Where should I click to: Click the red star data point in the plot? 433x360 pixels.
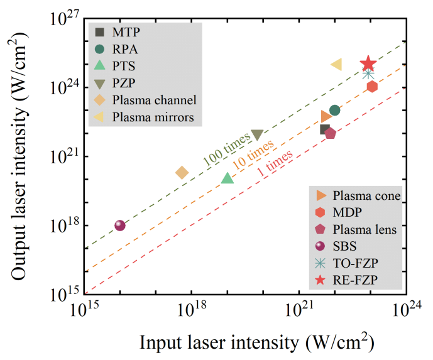click(x=369, y=63)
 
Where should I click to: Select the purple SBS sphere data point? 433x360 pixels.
click(x=120, y=226)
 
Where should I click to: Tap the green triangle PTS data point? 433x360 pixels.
click(x=227, y=178)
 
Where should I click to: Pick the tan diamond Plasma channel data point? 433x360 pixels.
click(x=182, y=172)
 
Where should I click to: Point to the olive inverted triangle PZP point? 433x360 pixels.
click(x=257, y=135)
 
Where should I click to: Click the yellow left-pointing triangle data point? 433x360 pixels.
click(x=336, y=64)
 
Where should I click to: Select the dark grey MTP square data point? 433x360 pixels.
click(x=325, y=129)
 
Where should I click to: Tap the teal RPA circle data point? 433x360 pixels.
click(x=335, y=111)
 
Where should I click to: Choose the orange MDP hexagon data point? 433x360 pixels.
click(x=372, y=86)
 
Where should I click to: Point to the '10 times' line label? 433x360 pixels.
click(x=253, y=152)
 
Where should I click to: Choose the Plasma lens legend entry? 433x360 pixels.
click(x=364, y=229)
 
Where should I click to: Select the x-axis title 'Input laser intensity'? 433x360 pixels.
click(x=257, y=343)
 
